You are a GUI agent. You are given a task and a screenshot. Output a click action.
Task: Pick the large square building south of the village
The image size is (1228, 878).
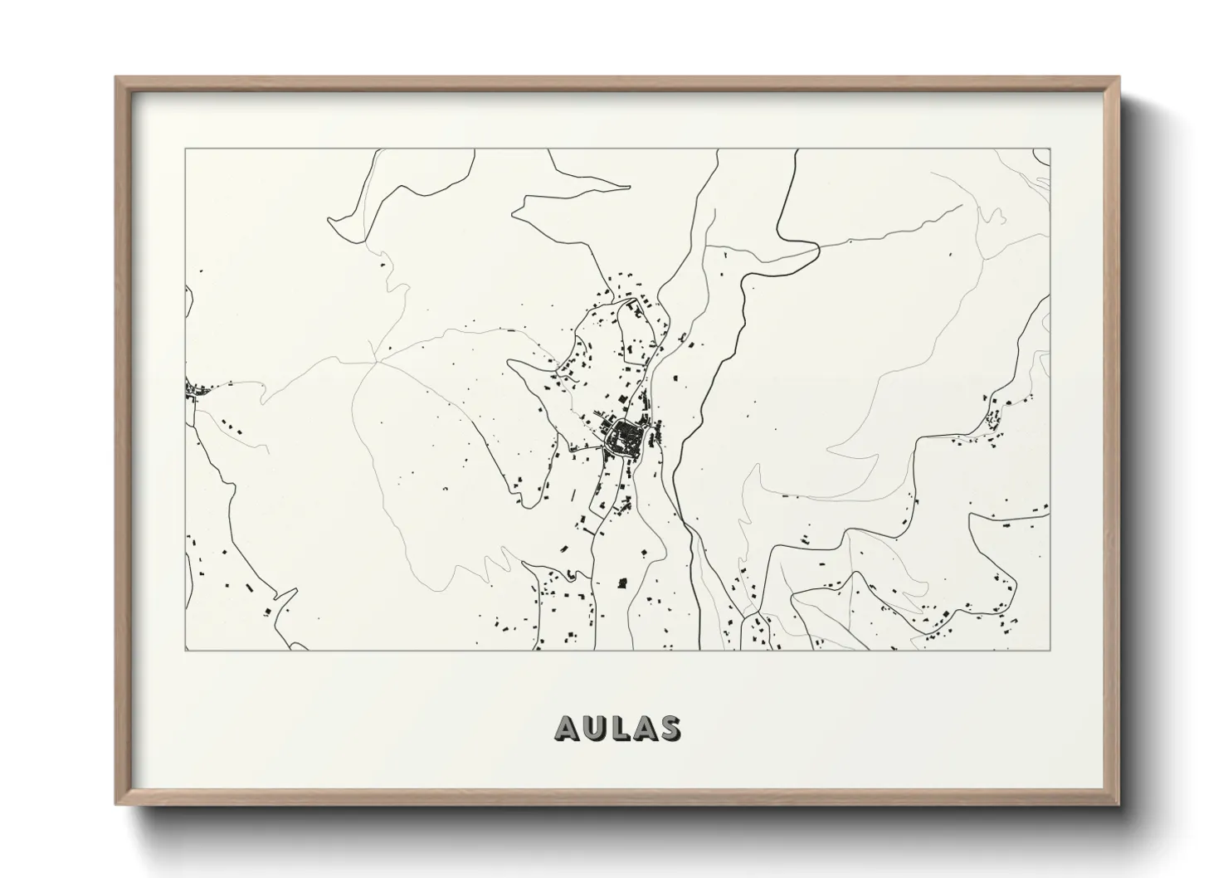coord(623,583)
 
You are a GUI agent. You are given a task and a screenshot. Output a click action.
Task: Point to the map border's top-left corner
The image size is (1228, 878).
coord(185,149)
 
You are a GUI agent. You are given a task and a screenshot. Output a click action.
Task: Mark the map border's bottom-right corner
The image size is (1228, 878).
coord(1050,650)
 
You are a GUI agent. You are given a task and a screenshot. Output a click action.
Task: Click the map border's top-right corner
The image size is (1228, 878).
coord(1050,149)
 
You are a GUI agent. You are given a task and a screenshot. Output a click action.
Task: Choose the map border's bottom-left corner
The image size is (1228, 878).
coord(185,650)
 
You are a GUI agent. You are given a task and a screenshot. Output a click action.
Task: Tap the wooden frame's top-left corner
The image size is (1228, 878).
coord(116,77)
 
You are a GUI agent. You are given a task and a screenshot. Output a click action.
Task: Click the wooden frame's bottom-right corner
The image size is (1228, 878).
coord(1120,805)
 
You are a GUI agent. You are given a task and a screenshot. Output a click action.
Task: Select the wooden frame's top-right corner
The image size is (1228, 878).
coord(1120,77)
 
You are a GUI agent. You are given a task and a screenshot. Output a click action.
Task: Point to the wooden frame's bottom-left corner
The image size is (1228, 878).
coord(116,805)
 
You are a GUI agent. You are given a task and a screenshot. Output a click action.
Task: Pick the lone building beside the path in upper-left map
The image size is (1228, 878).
coord(383,265)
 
